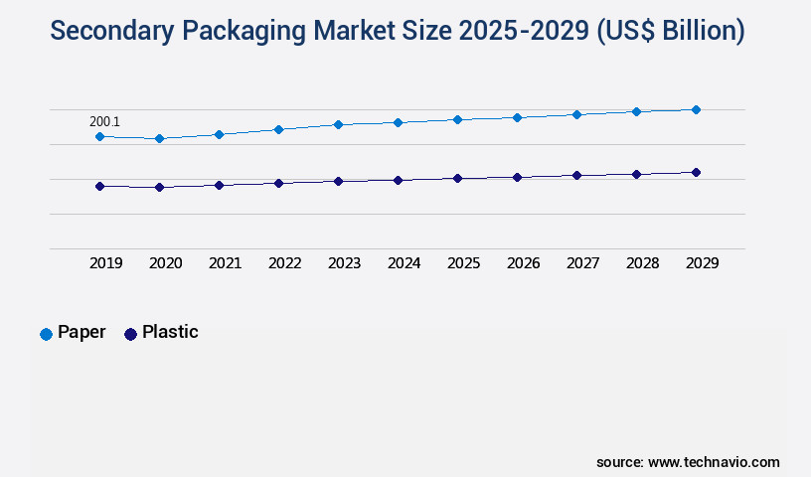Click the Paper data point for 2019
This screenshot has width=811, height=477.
99,136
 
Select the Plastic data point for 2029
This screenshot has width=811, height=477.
696,172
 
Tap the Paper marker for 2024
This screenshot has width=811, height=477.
398,122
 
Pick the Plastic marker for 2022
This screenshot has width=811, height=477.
278,183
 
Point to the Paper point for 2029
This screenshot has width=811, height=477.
696,109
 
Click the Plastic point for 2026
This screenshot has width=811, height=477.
517,177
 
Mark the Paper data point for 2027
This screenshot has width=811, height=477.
576,114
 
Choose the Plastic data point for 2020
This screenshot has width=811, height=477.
159,187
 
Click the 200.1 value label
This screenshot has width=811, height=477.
104,121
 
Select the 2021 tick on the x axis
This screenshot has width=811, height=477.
225,263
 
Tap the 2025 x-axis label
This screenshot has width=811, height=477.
463,263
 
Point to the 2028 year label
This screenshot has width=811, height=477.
642,263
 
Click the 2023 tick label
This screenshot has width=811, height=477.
344,263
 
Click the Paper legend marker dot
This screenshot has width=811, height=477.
46,334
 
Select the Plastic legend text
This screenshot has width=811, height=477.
170,332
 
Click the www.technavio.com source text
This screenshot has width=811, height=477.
714,462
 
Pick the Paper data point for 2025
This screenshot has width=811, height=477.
457,119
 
